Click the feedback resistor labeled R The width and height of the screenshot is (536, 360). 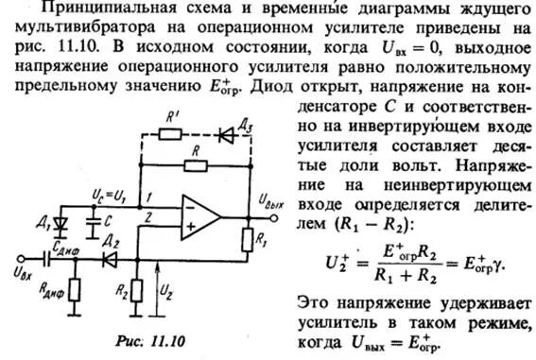[195, 165]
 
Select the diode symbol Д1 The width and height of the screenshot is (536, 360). [63, 225]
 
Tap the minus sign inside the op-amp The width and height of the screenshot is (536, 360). [190, 203]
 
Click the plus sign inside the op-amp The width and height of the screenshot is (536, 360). [190, 227]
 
